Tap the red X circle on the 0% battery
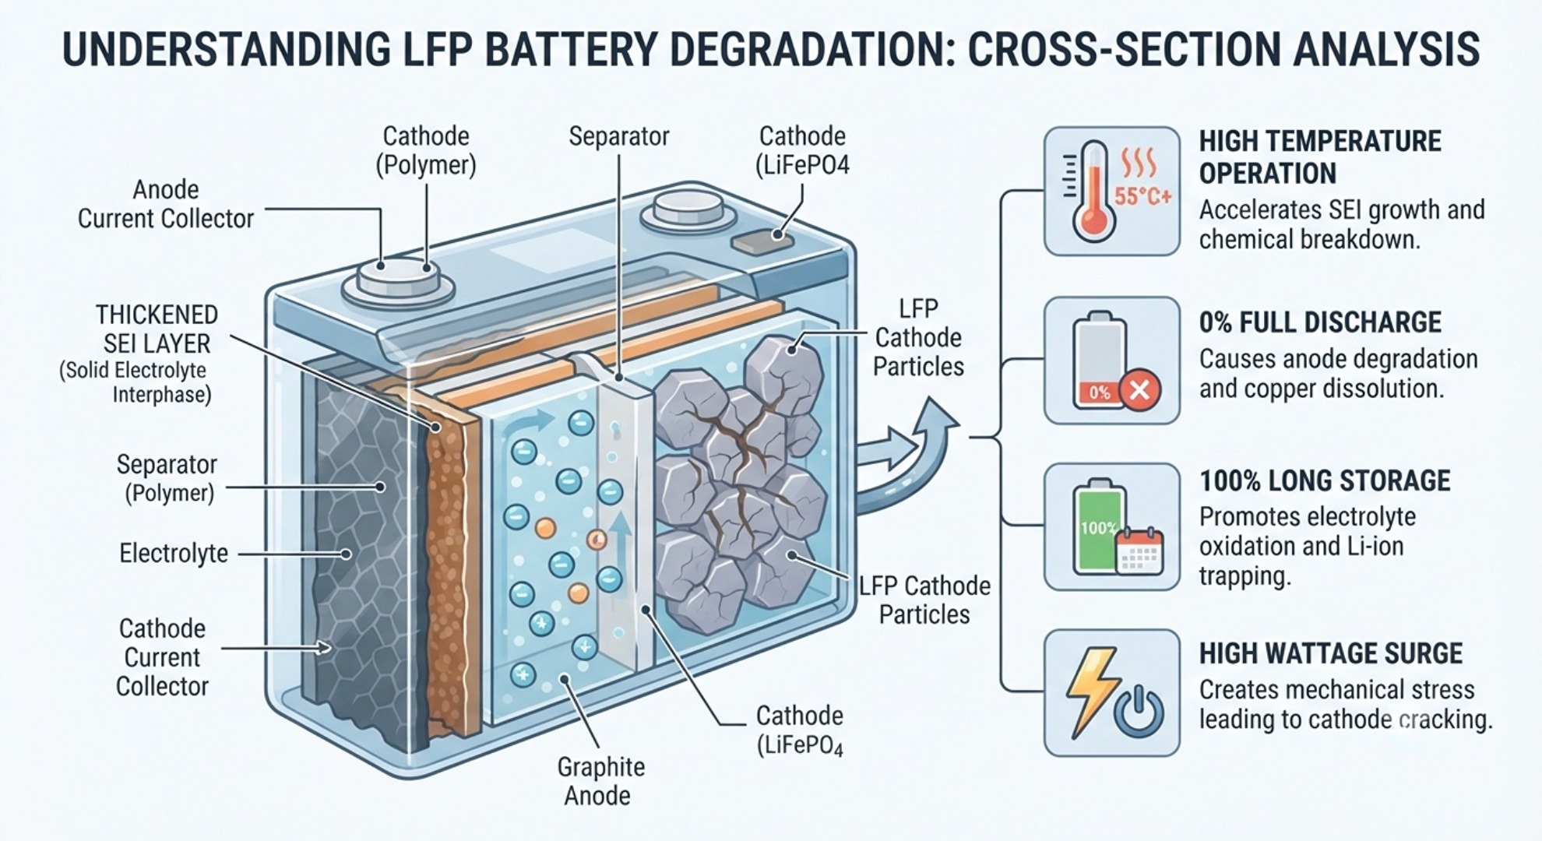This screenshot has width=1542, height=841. (1139, 389)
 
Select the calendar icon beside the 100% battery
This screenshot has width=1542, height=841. (1139, 551)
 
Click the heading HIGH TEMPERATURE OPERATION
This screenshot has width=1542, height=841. (1320, 157)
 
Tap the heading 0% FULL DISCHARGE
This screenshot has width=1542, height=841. (1320, 322)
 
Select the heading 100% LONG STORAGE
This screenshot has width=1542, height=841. (1325, 480)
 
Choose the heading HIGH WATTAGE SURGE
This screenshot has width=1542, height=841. (1330, 653)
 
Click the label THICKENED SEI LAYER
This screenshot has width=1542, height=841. (156, 329)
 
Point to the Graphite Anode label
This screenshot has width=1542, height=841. (600, 781)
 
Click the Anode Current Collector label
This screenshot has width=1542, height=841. (165, 204)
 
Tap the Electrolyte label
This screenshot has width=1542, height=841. (174, 554)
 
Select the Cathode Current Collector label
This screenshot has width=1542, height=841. (162, 657)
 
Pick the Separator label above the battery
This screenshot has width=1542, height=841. (618, 137)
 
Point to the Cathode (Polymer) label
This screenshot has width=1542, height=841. (425, 150)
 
